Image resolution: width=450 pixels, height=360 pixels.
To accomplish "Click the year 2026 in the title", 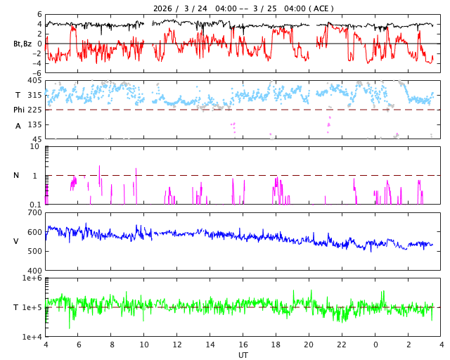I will (x=164, y=8).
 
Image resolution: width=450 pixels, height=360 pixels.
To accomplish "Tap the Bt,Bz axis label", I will (x=22, y=44).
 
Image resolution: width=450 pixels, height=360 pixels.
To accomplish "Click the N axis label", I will (x=17, y=176).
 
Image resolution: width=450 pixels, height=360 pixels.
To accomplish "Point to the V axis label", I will (x=16, y=242).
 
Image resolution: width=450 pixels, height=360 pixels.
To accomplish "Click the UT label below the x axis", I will (x=243, y=355).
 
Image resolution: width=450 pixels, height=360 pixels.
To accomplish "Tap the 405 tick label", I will (x=34, y=81).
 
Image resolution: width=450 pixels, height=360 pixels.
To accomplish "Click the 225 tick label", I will (x=34, y=110).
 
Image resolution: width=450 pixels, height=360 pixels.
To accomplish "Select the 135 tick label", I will (x=34, y=124).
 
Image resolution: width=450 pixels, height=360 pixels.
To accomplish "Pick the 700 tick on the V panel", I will (x=34, y=212).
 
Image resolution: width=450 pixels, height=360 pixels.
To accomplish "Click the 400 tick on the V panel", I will (x=34, y=271).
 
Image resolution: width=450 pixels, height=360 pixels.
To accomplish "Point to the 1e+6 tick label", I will (x=32, y=278).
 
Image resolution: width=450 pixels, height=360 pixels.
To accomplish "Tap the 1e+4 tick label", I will (x=32, y=337).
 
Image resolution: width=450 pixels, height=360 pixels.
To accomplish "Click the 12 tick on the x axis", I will (x=177, y=345).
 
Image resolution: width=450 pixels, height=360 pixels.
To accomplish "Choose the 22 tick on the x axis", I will (x=342, y=345).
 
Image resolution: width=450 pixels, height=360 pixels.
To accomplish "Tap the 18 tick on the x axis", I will (x=276, y=345).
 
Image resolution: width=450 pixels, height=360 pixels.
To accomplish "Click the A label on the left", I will (x=18, y=126).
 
